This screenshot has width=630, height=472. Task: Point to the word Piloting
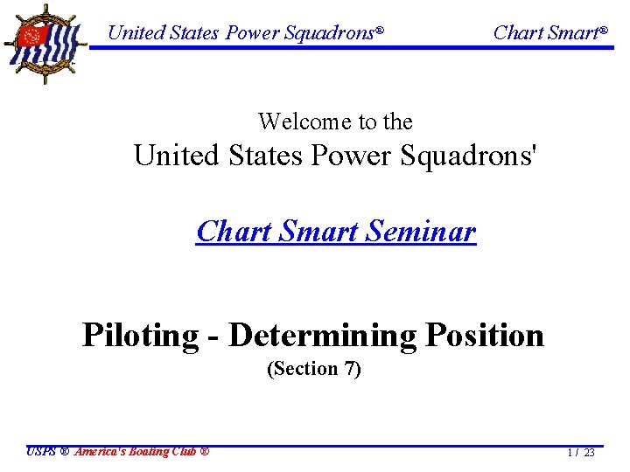pos(140,335)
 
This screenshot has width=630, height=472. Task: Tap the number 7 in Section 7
pos(350,369)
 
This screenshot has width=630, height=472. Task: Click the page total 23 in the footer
pos(589,453)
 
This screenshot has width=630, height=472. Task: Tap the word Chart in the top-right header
pos(518,33)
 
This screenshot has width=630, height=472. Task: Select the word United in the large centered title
pos(175,156)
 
